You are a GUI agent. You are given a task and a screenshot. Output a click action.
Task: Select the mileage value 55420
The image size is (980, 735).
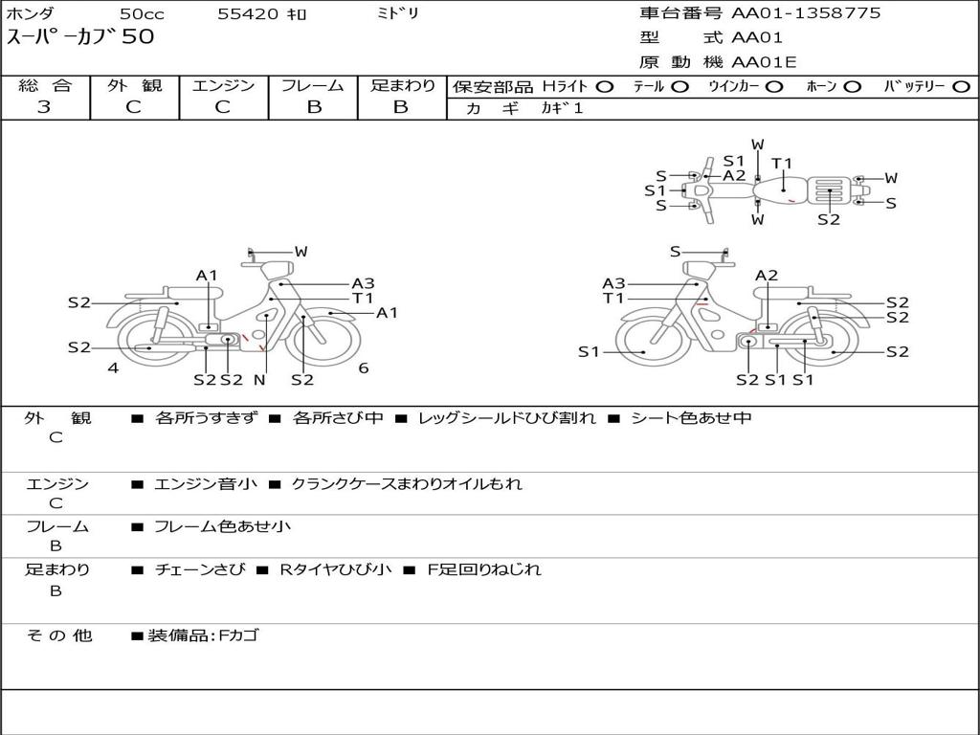coord(248,14)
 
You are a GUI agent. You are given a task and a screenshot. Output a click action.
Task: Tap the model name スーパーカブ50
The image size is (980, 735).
coord(80,37)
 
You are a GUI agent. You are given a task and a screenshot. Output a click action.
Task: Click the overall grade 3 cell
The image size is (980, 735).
coord(44,107)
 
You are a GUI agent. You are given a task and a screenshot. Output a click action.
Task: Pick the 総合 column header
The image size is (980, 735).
coord(45,86)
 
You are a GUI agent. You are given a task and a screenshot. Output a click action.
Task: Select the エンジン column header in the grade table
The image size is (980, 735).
coord(223,86)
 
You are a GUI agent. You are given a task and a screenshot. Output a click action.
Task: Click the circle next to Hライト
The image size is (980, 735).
coord(604,87)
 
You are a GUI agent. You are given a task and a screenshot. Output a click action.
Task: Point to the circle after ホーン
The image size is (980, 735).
coord(852,87)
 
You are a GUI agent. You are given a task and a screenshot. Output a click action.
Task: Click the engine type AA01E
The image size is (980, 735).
coord(765,63)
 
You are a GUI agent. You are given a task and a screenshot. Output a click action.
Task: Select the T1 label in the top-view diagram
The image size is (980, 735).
coord(782,163)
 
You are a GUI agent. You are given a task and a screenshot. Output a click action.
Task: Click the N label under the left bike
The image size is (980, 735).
coord(258,380)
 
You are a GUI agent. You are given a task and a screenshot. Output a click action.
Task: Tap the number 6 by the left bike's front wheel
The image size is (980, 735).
coord(364,367)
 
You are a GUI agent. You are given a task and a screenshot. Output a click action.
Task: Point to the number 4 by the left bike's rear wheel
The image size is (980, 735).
coord(113,367)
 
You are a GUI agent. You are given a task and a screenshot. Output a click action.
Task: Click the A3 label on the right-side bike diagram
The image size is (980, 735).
coord(613,283)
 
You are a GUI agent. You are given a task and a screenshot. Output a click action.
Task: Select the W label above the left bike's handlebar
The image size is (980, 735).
coord(301,252)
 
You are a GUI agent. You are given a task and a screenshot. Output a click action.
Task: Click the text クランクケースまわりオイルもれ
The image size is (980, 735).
coord(407,484)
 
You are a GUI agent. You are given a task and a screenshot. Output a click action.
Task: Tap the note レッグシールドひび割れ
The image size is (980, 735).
coord(507,418)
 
